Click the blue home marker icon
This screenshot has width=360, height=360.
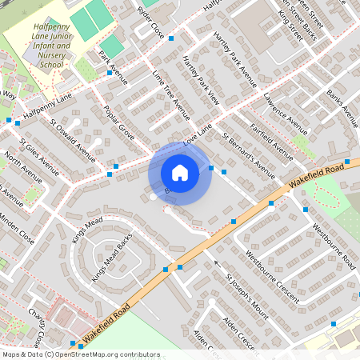pyautogui.click(x=180, y=173)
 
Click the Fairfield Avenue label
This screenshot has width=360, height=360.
pyautogui.click(x=271, y=137)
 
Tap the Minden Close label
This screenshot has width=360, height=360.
pyautogui.click(x=16, y=228)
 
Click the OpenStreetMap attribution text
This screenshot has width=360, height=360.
pyautogui.click(x=81, y=354)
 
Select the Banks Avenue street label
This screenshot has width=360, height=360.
pyautogui.click(x=342, y=109)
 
